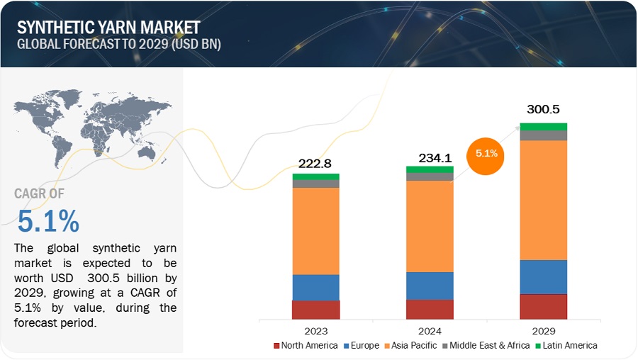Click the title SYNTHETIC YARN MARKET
pyautogui.click(x=108, y=28)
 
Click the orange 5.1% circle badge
pyautogui.click(x=486, y=154)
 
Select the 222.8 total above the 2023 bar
pyautogui.click(x=316, y=164)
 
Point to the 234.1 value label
pyautogui.click(x=430, y=157)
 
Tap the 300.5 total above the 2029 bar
pyautogui.click(x=543, y=110)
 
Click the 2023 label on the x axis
pyautogui.click(x=316, y=330)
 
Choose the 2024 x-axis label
pyautogui.click(x=430, y=330)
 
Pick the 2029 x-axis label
pyautogui.click(x=543, y=330)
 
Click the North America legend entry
pyautogui.click(x=304, y=346)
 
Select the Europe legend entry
pyautogui.click(x=362, y=346)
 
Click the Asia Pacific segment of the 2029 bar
pyautogui.click(x=543, y=200)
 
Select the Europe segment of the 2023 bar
pyautogui.click(x=316, y=287)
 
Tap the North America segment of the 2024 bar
pyautogui.click(x=430, y=309)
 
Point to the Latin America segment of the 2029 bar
pyautogui.click(x=543, y=127)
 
